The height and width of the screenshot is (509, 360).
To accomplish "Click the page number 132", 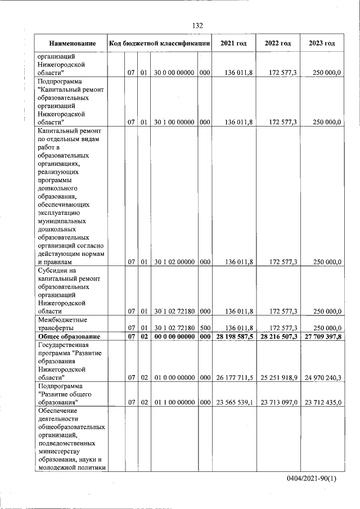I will click(197, 26).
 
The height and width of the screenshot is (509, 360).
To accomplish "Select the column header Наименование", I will click(71, 43).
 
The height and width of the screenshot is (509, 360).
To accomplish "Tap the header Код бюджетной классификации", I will click(160, 43).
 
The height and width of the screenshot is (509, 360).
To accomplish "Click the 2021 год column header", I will click(234, 43).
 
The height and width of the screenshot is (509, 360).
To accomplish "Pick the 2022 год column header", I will click(278, 43).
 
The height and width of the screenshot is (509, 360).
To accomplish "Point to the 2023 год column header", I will click(322, 43).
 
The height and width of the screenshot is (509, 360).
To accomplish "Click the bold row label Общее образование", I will click(68, 336).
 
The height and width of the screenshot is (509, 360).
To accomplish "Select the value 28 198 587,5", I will click(234, 336).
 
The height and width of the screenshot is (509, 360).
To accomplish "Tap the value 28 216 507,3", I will click(278, 336).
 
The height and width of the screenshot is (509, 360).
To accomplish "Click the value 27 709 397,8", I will click(322, 336).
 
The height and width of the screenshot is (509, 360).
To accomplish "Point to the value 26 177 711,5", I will click(235, 377).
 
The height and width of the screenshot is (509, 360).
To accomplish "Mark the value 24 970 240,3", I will click(323, 377).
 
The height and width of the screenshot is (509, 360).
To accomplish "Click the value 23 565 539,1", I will click(235, 402).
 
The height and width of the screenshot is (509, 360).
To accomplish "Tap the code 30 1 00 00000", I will click(174, 122).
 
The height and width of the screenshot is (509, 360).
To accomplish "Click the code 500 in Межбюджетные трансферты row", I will click(205, 327).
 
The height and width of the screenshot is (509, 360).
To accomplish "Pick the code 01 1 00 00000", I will click(174, 402).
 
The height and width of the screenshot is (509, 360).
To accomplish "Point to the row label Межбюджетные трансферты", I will click(63, 323).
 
